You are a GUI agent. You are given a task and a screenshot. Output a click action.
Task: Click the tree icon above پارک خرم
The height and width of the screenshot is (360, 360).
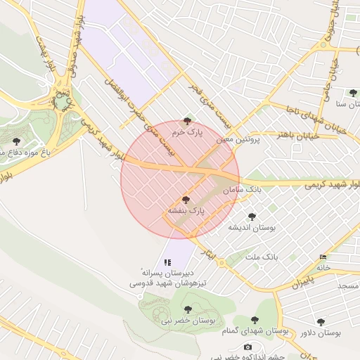coord(186,121)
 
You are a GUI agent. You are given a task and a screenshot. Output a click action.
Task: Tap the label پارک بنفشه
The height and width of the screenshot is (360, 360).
coord(186,210)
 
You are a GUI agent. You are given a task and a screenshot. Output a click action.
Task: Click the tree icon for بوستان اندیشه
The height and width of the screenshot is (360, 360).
coord(252,217)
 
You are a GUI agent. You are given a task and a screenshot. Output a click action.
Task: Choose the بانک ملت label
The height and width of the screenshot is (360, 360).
coord(262,257)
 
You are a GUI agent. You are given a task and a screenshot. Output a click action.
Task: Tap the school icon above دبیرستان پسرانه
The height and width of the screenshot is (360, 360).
coord(167,262)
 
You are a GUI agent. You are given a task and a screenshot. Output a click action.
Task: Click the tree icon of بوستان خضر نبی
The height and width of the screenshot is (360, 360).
coord(186,309)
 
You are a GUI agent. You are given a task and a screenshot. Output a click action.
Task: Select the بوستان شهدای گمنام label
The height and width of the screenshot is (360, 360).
coord(255,330)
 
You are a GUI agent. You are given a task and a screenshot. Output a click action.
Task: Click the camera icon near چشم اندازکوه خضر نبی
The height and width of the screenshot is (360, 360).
coord(247,347)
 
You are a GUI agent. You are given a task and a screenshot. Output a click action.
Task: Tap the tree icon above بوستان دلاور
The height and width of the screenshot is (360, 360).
coord(321,322)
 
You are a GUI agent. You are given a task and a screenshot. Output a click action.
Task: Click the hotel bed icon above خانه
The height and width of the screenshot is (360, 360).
coord(323,257)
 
